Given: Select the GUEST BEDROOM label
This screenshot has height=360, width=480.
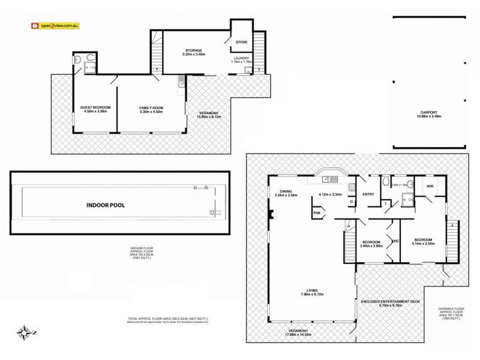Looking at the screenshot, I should pyautogui.click(x=95, y=107).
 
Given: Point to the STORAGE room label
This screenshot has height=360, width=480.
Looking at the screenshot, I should pyautogui.click(x=193, y=50).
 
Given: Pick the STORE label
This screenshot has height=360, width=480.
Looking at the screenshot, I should pyautogui.click(x=241, y=42).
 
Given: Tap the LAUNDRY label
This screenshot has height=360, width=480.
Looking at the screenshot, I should pyautogui.click(x=241, y=58).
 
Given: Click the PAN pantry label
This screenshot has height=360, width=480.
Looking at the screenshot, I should pyautogui.click(x=316, y=212).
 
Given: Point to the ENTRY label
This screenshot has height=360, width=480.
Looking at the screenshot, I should pyautogui.click(x=368, y=194).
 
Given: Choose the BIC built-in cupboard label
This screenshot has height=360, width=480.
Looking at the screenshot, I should pyautogui.click(x=396, y=241).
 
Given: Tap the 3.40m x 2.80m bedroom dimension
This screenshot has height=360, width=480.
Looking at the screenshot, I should pyautogui.click(x=370, y=245).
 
